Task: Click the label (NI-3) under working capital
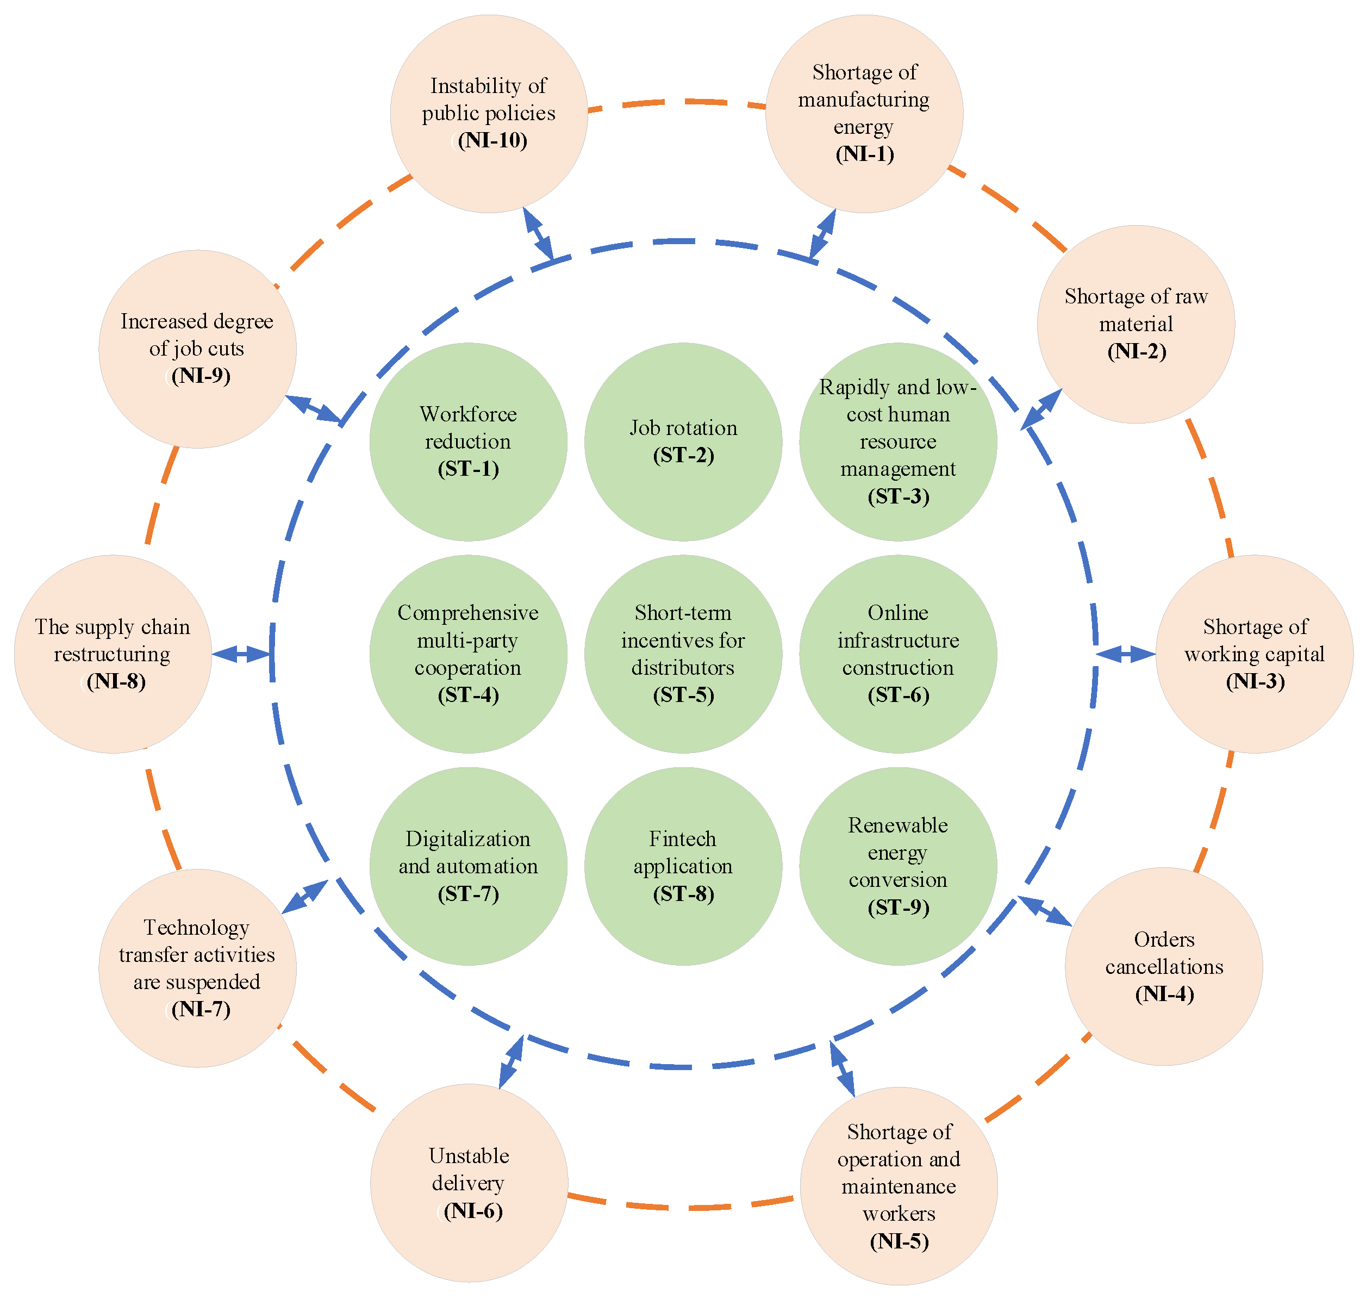point(1255,681)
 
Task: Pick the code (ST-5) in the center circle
point(683,695)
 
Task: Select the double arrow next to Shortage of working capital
point(1125,654)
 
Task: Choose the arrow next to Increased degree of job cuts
point(314,408)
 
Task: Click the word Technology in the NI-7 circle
point(196,927)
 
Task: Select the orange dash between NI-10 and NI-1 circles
point(685,102)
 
